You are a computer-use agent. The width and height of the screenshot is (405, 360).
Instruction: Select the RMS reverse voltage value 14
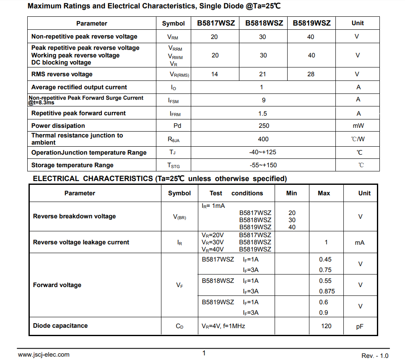pos(215,74)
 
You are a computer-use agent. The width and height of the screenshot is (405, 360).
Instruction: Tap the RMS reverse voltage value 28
pos(311,74)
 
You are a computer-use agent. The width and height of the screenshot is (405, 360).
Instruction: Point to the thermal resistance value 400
pos(263,139)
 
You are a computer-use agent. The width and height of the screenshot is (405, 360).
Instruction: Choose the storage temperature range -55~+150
pos(263,165)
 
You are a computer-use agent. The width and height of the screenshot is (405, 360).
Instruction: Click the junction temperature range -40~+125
pos(263,152)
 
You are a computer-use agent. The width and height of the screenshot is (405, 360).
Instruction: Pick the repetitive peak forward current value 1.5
pos(263,114)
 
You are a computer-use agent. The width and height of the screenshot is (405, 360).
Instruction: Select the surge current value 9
pos(263,100)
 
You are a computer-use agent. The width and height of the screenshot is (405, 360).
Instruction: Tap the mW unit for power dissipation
pos(358,126)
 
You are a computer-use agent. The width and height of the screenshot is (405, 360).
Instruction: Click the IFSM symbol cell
pos(174,101)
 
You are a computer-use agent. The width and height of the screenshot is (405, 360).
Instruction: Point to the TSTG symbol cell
pos(174,166)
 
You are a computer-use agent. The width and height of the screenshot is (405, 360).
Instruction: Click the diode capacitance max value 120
pos(326,326)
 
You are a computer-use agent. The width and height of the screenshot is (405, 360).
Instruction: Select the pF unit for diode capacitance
pos(360,326)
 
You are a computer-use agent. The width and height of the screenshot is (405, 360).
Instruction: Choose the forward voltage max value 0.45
pos(325,259)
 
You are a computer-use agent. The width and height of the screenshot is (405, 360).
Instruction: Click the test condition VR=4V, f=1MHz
pos(223,326)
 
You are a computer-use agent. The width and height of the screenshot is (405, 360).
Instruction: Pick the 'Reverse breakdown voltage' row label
pos(74,217)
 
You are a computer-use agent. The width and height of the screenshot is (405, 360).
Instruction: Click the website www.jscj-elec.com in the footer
pos(44,355)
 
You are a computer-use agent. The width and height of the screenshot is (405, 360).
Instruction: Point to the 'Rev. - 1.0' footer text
pos(375,355)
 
